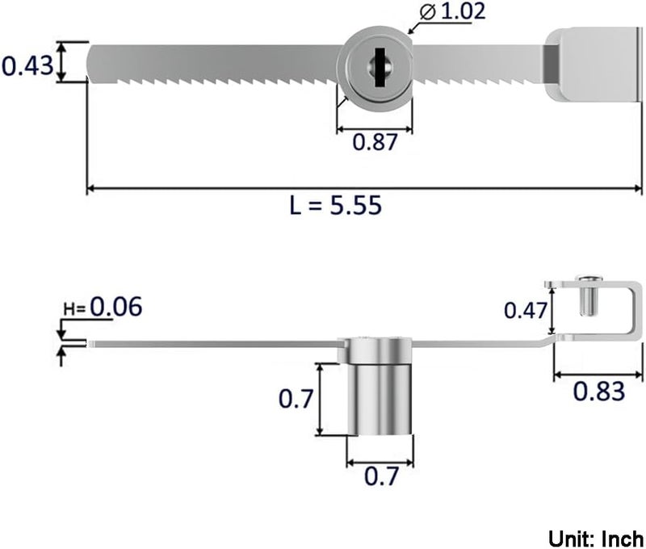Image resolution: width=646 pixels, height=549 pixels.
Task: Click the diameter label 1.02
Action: click(463, 11)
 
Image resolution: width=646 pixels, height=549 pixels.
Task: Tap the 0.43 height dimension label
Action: click(27, 66)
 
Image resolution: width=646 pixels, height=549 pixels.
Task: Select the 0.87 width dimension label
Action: click(375, 142)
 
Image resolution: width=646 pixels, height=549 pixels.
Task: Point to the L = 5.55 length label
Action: click(336, 205)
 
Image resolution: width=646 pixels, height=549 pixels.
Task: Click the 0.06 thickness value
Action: click(116, 307)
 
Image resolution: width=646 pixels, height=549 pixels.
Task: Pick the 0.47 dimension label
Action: click(526, 311)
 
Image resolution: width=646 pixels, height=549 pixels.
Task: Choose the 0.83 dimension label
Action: click(599, 392)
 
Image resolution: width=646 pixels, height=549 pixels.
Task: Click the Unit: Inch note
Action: click(596, 539)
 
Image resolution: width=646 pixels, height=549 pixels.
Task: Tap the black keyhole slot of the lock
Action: click(380, 68)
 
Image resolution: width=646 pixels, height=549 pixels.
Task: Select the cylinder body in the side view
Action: click(380, 399)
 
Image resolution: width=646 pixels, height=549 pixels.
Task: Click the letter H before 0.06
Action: click(68, 309)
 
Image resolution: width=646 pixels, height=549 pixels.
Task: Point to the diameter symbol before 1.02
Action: click(428, 12)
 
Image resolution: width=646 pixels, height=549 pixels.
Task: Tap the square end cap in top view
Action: click(594, 65)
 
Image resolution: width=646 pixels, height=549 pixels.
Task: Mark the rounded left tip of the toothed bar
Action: click(91, 64)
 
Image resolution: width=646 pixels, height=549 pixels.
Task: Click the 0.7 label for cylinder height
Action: click(296, 399)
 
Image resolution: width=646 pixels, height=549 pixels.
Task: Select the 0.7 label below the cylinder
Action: click(381, 476)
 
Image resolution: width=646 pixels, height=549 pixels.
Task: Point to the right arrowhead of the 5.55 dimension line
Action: click(639, 189)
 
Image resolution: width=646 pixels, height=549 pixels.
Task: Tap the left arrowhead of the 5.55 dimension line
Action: click(90, 189)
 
